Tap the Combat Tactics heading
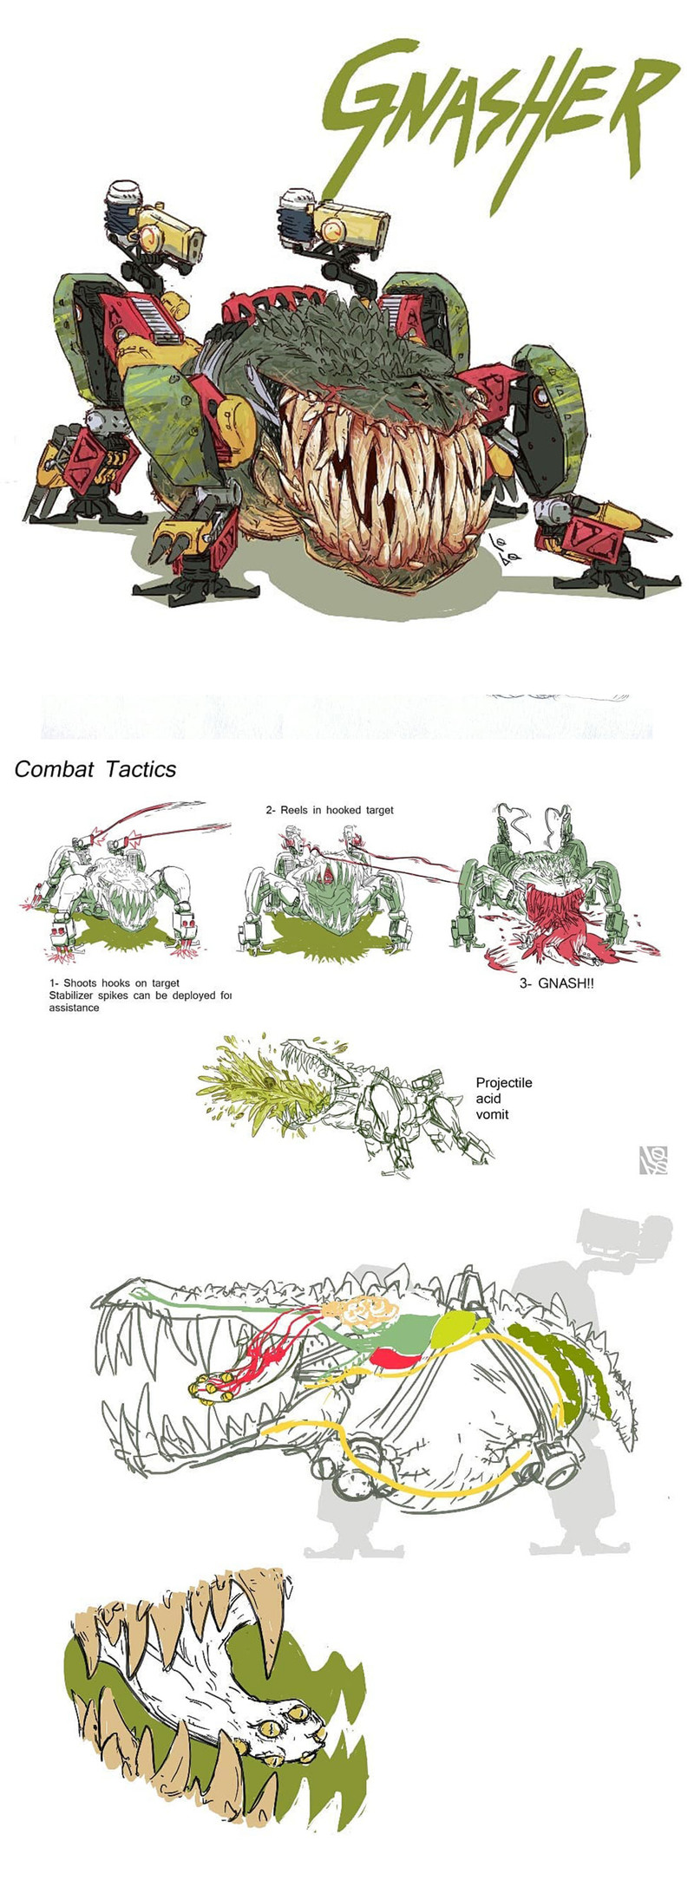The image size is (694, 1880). (95, 769)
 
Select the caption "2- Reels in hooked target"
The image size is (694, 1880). (330, 810)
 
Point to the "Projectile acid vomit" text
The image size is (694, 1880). (504, 1098)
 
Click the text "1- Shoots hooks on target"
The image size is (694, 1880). (115, 983)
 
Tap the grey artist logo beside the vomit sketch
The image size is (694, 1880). (652, 1160)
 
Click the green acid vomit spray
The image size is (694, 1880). (260, 1084)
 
